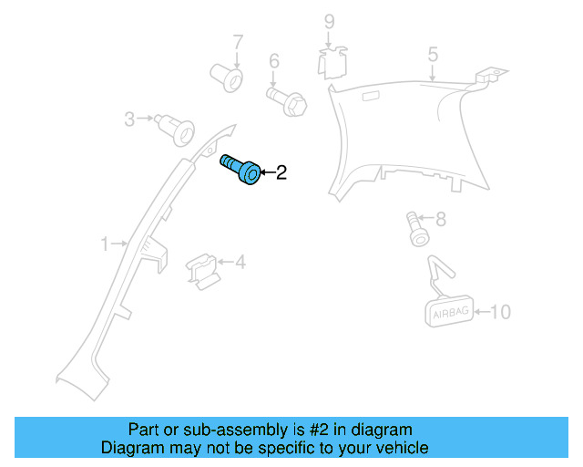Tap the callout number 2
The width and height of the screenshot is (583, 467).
pyautogui.click(x=281, y=171)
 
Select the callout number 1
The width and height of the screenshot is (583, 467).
pyautogui.click(x=105, y=244)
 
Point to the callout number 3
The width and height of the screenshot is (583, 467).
pyautogui.click(x=129, y=119)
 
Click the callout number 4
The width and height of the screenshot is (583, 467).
pyautogui.click(x=240, y=263)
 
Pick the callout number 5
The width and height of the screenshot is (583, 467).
pyautogui.click(x=433, y=56)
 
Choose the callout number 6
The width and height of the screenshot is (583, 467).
pyautogui.click(x=273, y=61)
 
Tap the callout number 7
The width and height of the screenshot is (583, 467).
pyautogui.click(x=238, y=42)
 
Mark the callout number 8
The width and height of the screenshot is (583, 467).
pyautogui.click(x=441, y=219)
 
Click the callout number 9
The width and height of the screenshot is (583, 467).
pyautogui.click(x=330, y=21)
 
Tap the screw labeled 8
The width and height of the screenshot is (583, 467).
pyautogui.click(x=415, y=228)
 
